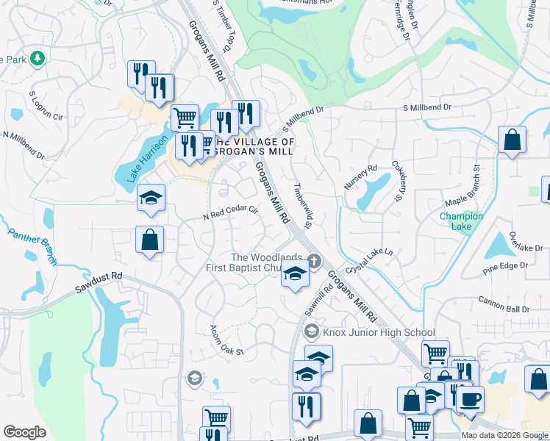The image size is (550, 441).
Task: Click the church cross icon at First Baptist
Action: [314, 259]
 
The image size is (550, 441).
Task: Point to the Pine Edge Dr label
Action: [505, 268]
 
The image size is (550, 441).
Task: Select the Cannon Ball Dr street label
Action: [504, 300]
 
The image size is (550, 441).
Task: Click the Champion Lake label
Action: [461, 221]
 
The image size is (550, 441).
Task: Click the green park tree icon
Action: [36, 57]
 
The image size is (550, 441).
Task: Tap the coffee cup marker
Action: [470, 398]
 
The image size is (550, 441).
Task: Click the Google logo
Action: [24, 432]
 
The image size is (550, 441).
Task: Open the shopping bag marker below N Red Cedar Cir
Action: [149, 240]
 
